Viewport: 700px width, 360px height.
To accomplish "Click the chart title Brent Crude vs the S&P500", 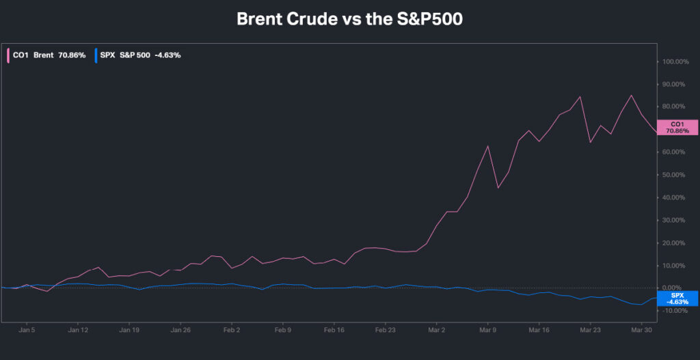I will pos(349,19).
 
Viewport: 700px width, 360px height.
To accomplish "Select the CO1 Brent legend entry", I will pos(46,55).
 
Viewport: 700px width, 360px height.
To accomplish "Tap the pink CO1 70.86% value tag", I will pos(677,126).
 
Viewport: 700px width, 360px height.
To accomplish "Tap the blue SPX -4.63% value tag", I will pos(677,298).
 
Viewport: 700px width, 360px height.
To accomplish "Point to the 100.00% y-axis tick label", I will pos(675,61).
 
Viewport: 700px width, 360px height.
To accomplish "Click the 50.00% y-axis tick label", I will pos(675,175).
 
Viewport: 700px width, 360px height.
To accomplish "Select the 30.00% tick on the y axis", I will pos(675,220).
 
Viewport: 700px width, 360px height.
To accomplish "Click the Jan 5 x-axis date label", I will pos(27,329).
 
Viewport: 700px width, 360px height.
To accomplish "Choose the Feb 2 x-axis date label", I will pos(232,329).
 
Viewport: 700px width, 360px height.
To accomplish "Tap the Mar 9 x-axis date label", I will pos(487,329).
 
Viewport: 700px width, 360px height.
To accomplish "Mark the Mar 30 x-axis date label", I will pos(641,329).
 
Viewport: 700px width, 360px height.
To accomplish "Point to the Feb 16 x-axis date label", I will pos(334,329).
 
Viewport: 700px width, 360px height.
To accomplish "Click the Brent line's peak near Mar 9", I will pos(488,146).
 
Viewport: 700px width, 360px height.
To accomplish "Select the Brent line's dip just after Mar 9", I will pos(498,188).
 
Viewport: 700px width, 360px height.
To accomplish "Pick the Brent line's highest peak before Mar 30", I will pos(631,95).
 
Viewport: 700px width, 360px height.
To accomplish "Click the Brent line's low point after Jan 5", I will pos(47,292).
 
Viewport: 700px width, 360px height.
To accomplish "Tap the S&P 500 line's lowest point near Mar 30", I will pos(641,305).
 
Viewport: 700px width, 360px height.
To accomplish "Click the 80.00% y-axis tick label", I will pos(675,107).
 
